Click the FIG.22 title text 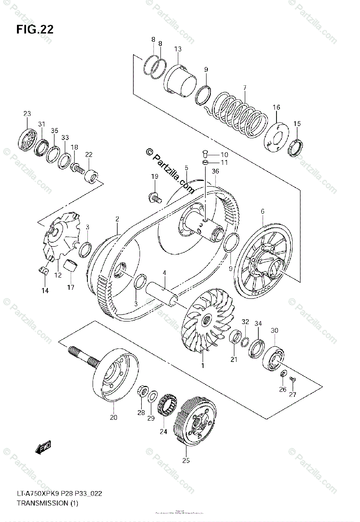click(x=35, y=29)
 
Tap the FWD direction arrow click(x=44, y=447)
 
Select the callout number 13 click(x=178, y=49)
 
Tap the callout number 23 click(x=27, y=114)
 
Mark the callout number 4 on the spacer click(x=164, y=273)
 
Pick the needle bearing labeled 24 click(x=167, y=404)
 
